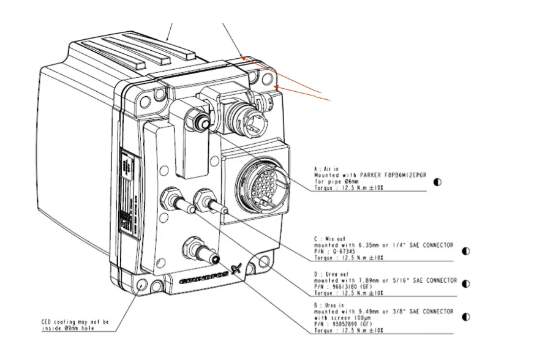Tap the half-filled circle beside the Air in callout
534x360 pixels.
click(x=437, y=182)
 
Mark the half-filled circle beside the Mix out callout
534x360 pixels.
click(x=466, y=250)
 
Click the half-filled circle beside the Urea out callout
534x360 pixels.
click(x=466, y=283)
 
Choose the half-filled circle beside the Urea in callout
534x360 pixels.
click(x=466, y=317)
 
